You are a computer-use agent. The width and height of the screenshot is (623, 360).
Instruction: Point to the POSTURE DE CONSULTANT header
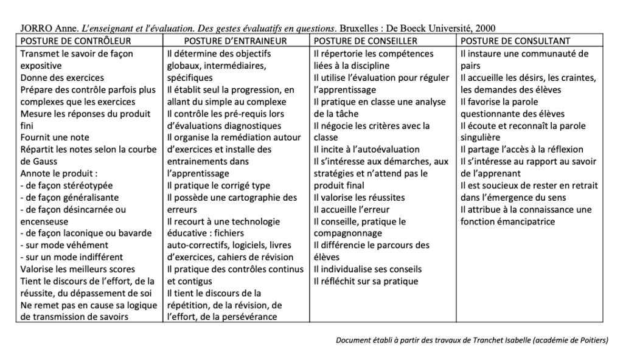pyautogui.click(x=515, y=41)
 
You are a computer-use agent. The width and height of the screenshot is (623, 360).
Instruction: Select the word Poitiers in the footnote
pyautogui.click(x=591, y=340)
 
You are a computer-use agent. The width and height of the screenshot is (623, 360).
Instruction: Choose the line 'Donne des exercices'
pyautogui.click(x=62, y=78)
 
